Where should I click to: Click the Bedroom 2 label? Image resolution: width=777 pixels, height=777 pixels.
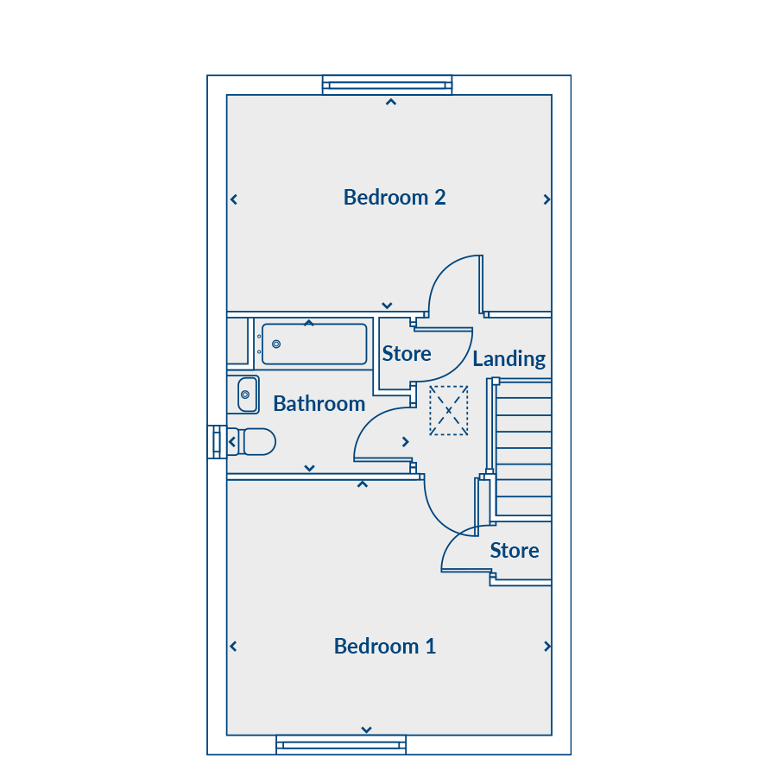(395, 197)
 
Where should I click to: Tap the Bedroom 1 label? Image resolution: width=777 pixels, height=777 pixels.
(384, 646)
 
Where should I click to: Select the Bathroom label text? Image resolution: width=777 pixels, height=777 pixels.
(319, 404)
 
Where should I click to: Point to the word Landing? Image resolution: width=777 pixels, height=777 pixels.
(509, 359)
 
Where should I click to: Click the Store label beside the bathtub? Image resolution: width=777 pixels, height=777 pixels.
(407, 354)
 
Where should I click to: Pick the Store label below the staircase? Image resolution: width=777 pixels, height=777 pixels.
(515, 551)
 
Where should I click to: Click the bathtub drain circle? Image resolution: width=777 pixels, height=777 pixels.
(276, 344)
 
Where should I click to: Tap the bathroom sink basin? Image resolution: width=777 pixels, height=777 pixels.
(247, 395)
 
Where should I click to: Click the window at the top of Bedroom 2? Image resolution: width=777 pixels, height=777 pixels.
(387, 85)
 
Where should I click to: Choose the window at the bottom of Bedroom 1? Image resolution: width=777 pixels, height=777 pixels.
(341, 745)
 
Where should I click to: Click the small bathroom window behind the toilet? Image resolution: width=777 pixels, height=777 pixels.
(217, 442)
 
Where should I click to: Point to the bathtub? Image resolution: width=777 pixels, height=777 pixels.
(314, 344)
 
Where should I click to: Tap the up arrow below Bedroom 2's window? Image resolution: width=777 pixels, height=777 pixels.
(391, 102)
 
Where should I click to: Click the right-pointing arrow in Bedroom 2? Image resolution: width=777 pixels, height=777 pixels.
(546, 199)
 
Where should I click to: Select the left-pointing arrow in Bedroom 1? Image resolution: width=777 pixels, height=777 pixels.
(233, 646)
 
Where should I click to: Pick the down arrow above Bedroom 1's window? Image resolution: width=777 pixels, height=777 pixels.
(366, 730)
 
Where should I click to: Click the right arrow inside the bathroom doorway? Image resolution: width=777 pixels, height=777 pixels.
(406, 441)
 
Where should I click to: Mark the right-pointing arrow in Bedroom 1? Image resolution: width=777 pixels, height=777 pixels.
(547, 646)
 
